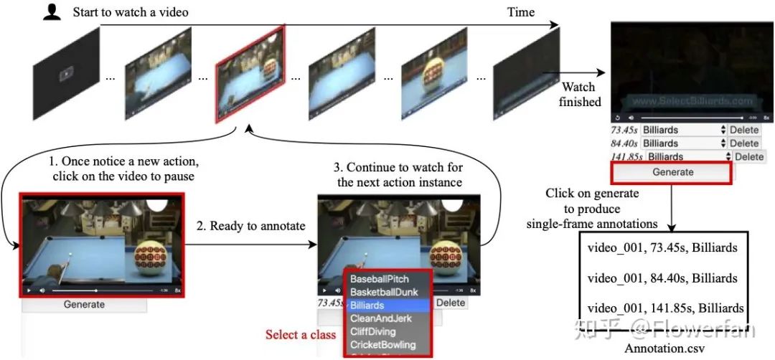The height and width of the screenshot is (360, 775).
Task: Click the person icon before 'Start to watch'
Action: (52, 11)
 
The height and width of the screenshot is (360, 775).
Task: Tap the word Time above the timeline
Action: (521, 11)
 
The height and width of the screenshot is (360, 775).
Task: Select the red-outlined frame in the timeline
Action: (247, 81)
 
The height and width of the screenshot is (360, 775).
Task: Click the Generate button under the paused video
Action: (84, 304)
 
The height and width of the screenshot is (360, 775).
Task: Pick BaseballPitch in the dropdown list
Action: (380, 279)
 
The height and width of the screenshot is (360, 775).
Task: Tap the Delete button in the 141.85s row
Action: (748, 156)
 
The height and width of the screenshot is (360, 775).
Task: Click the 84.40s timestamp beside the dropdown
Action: (624, 143)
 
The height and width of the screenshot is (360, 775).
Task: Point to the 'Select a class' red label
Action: (301, 335)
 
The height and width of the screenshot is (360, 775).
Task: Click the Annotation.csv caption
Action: (665, 349)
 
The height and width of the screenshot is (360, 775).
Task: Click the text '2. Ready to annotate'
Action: (250, 226)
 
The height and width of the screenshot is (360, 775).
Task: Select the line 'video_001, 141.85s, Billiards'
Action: (665, 308)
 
